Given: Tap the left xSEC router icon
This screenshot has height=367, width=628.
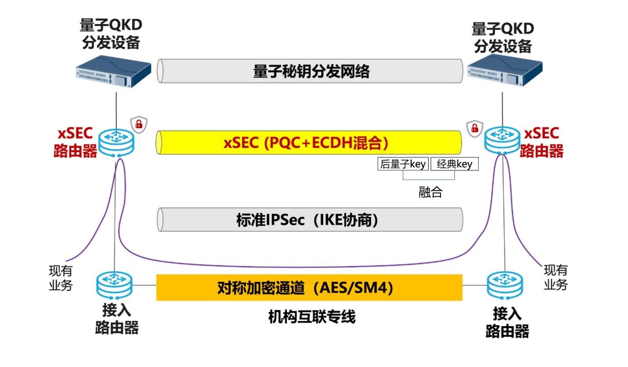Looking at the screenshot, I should click(116, 142).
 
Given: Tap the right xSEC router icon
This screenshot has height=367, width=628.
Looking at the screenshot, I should click(502, 140).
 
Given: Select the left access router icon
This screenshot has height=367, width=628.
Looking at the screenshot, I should click(114, 285).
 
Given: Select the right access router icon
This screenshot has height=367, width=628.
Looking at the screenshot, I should click(505, 285).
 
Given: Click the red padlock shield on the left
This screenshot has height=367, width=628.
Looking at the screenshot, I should click(139, 125).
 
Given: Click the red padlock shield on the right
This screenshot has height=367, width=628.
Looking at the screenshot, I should click(474, 128).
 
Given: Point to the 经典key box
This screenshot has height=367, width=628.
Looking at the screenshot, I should click(454, 164).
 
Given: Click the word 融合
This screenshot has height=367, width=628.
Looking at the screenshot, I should click(430, 192).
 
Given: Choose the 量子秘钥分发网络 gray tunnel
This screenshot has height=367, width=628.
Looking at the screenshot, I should click(310, 71).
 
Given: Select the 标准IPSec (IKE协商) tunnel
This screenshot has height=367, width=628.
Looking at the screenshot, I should click(310, 220).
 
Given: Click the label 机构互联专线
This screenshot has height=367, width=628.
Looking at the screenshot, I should click(312, 316).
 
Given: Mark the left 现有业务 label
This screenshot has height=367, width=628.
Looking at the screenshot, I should click(60, 278).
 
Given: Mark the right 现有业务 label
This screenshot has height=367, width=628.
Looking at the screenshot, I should click(555, 277).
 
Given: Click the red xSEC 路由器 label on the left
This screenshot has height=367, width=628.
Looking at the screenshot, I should click(75, 143).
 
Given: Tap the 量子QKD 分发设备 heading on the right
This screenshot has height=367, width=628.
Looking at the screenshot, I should click(503, 37).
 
